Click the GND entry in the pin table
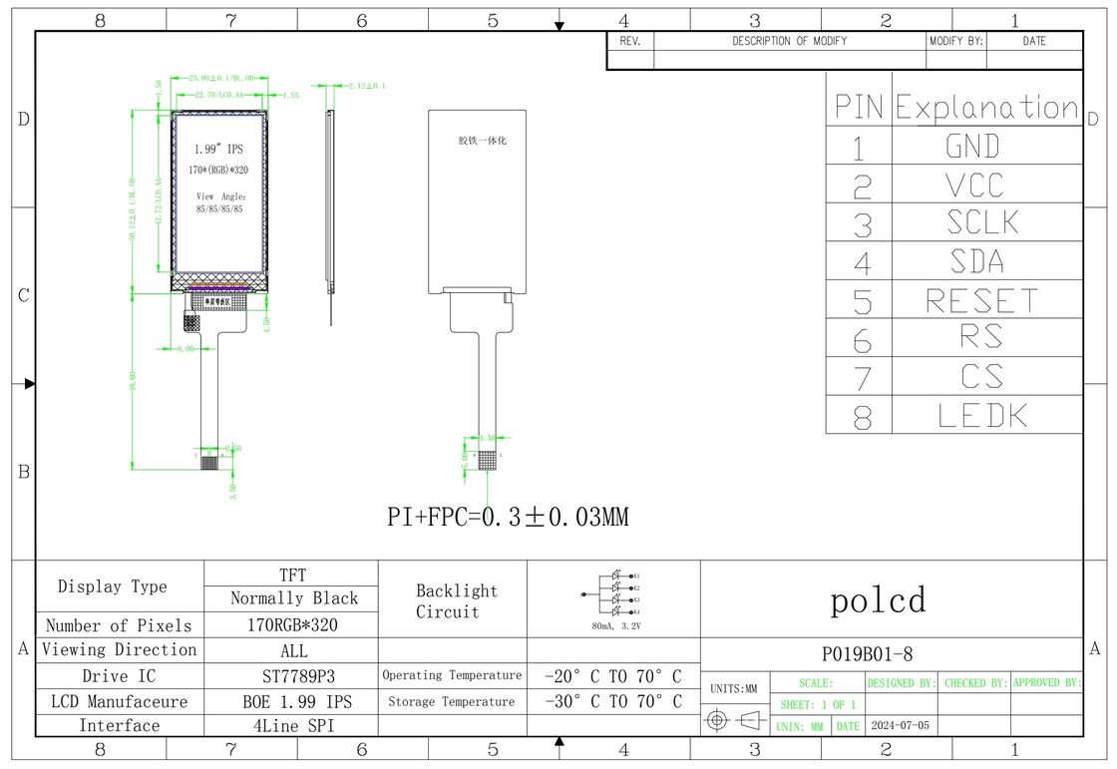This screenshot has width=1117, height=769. [972, 147]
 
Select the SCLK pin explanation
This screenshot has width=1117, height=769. [982, 222]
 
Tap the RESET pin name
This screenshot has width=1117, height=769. [982, 300]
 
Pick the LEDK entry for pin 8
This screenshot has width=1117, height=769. [982, 415]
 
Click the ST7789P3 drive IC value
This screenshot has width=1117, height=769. [292, 676]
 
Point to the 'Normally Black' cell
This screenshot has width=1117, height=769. [293, 598]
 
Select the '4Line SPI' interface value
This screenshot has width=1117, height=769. [292, 725]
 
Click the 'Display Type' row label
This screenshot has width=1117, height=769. [113, 586]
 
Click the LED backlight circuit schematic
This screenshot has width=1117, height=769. [613, 593]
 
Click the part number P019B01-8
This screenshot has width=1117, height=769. [867, 654]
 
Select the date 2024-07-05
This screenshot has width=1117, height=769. [900, 725]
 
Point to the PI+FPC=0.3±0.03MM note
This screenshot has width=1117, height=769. [508, 517]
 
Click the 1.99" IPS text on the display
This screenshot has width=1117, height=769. [217, 149]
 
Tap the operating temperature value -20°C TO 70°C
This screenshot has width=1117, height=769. [613, 676]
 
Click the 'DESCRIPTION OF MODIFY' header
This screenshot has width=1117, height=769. [789, 41]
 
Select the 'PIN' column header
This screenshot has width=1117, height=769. [858, 108]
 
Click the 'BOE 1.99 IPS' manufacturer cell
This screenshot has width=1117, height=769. [292, 701]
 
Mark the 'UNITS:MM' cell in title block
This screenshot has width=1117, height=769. [735, 688]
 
